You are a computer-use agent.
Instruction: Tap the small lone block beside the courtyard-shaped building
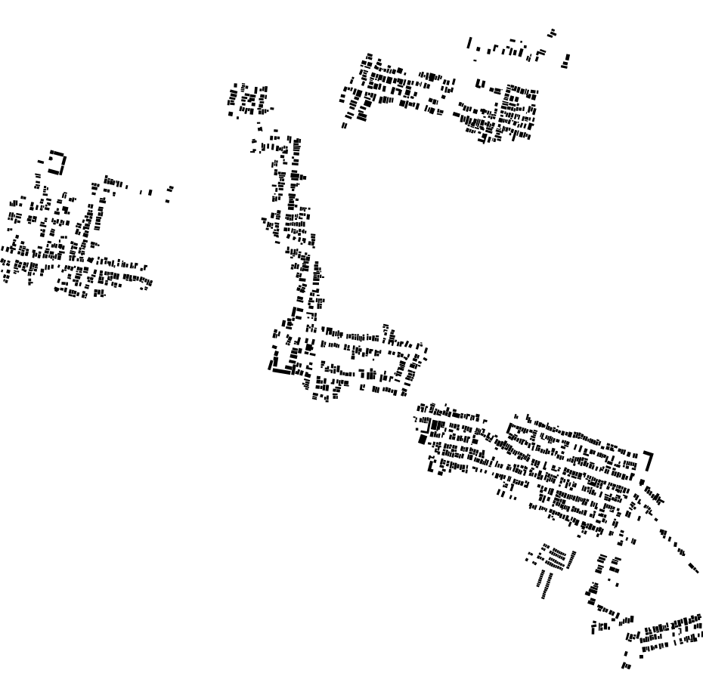42,161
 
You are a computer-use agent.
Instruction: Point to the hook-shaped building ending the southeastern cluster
648,459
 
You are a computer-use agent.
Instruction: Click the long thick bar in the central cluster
281,369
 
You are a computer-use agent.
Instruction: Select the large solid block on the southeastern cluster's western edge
423,438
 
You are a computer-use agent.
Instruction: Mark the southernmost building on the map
626,666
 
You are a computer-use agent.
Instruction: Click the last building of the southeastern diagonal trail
694,567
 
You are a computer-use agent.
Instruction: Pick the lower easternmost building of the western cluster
167,200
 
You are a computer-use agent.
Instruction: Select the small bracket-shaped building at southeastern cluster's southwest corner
431,466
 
